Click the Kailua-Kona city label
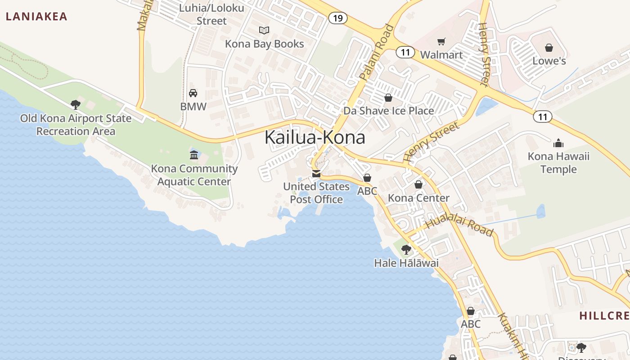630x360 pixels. pos(315,137)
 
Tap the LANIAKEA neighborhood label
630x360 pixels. pos(36,17)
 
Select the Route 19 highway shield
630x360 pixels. pos(337,18)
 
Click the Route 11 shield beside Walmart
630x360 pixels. pos(405,52)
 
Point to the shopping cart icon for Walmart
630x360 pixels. pos(441,42)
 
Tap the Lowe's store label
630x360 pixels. pos(549,61)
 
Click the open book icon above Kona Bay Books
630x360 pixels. pos(264,31)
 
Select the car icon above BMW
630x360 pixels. pos(193,93)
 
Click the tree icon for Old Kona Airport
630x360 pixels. pos(76,105)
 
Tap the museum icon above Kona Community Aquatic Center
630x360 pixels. pos(194,155)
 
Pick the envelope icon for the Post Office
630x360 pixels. pos(316,174)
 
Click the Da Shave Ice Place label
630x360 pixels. pos(389,111)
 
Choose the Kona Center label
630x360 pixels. pos(418,198)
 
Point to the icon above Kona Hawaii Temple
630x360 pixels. pos(558,144)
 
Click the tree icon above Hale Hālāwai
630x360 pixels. pos(406,249)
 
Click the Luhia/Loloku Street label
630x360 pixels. pos(211,14)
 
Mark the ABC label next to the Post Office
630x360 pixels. pos(367,191)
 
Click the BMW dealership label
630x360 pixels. pos(193,107)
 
